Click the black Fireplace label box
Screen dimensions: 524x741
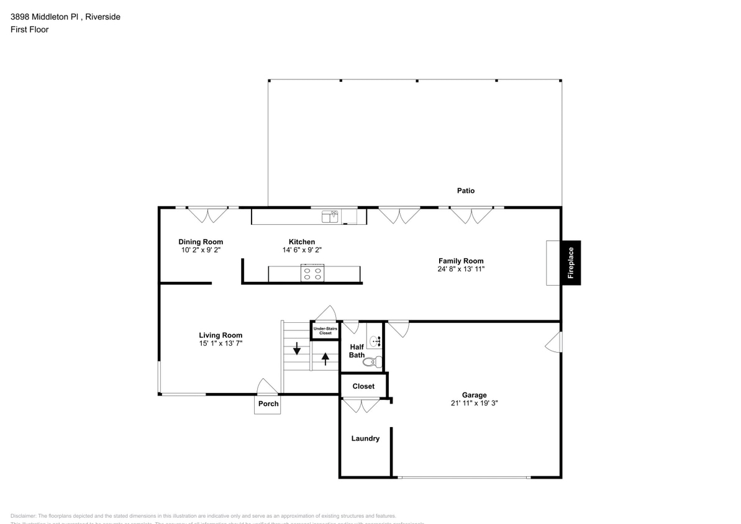click(x=571, y=263)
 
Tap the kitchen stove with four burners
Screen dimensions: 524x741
click(x=312, y=273)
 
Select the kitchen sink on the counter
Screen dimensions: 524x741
click(x=330, y=216)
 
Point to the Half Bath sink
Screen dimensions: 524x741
click(x=375, y=340)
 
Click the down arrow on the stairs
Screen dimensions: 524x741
click(x=297, y=348)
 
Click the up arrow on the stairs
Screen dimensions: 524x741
click(x=325, y=359)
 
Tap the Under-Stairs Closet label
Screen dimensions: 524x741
click(x=325, y=330)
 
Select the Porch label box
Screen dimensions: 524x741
click(x=268, y=404)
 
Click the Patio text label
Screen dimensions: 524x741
click(x=465, y=191)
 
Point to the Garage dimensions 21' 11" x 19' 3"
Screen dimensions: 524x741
click(x=474, y=403)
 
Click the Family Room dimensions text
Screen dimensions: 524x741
click(x=461, y=269)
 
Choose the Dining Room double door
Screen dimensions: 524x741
click(x=208, y=215)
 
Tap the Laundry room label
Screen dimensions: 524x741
click(x=365, y=438)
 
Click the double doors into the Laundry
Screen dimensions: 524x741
click(x=361, y=405)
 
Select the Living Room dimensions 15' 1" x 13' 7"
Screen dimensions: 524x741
click(x=220, y=343)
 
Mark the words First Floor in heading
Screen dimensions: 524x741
click(x=29, y=29)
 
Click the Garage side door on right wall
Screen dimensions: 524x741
click(x=554, y=342)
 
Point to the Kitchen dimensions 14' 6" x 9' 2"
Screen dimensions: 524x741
click(x=301, y=250)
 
